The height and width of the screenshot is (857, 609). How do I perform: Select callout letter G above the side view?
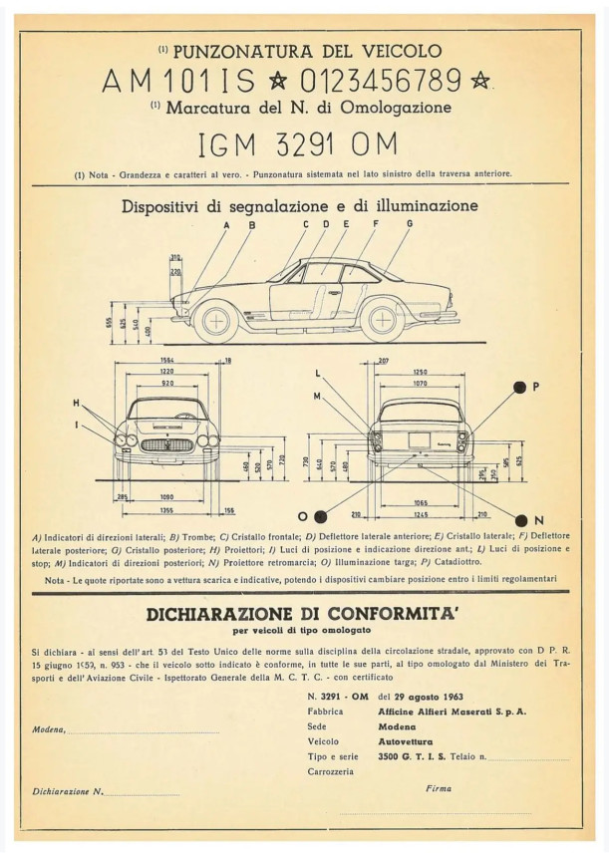pos(410,225)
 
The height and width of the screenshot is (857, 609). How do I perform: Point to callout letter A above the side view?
pos(226,226)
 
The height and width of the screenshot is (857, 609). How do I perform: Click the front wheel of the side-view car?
pos(214,321)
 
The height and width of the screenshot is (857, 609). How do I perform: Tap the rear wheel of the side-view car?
pos(383,321)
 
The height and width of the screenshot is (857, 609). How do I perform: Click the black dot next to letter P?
pos(519,387)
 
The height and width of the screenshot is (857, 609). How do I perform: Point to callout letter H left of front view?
pos(75,403)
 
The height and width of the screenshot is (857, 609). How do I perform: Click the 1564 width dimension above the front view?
pos(168,361)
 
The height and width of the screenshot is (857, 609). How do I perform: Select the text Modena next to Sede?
pos(397,726)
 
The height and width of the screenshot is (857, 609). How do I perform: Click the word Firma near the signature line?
pos(438,788)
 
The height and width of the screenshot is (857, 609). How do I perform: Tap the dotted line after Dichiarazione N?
pos(142,794)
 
